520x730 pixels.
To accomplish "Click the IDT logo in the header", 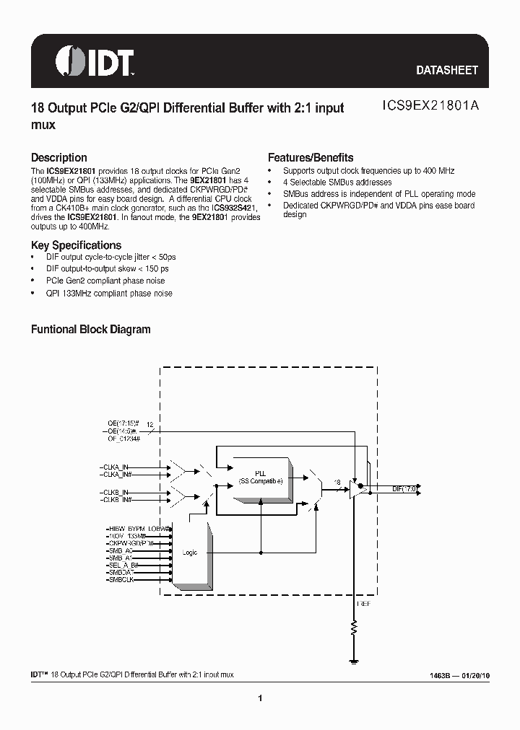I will (95, 63).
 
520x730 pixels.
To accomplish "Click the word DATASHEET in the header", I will (447, 71).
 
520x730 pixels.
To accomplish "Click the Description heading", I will (58, 157).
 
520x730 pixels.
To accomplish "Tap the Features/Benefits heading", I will (311, 157).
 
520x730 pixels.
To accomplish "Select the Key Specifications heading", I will (76, 245).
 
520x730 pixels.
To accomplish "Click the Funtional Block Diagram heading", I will (90, 329).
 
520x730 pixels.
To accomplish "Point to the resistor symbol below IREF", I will (354, 627).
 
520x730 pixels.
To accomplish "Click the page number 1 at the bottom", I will (259, 698).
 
